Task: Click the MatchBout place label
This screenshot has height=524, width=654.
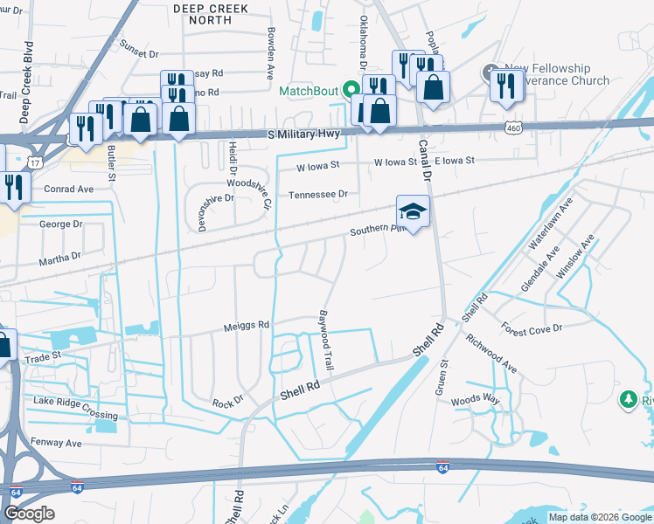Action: (309, 91)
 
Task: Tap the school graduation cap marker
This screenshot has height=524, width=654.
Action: (414, 210)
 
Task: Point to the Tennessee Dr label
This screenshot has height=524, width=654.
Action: (318, 194)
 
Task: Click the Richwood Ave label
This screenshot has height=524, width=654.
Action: (491, 353)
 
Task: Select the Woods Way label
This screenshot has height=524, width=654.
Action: (476, 400)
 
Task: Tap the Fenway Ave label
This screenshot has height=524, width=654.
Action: (56, 443)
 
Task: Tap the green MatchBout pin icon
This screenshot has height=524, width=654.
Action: (351, 89)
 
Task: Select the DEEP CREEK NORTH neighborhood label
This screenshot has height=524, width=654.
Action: (210, 14)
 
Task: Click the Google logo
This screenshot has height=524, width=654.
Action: (28, 514)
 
